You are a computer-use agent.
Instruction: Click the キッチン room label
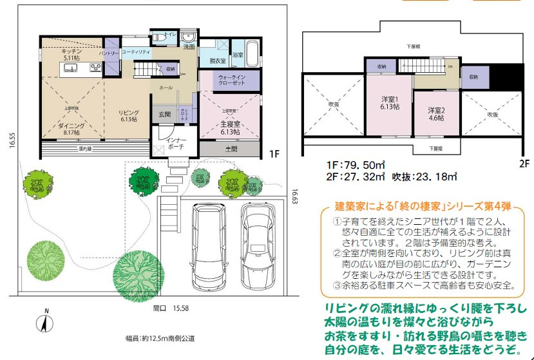[x=70, y=53]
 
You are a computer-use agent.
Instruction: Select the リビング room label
[x=129, y=116]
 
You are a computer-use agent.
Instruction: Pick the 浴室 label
[x=238, y=56]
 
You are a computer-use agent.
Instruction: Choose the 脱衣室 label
[x=218, y=61]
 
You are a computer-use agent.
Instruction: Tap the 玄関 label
[x=164, y=115]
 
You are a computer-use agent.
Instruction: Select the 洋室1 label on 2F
[x=390, y=103]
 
